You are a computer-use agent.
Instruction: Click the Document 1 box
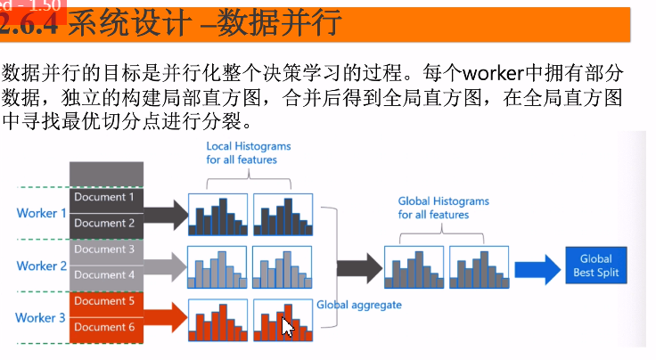coord(105,197)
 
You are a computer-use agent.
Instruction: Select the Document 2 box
coord(105,224)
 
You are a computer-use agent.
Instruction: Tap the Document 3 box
coord(105,250)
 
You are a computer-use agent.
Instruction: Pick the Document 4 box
coord(105,275)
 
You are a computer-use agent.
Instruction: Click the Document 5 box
coord(105,301)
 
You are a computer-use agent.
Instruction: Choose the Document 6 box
coord(105,327)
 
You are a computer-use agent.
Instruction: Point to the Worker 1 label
coord(41,213)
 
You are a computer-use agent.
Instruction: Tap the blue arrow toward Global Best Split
coord(537,266)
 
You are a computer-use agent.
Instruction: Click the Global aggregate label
coord(359,305)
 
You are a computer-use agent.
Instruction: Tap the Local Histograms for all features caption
coord(249,152)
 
